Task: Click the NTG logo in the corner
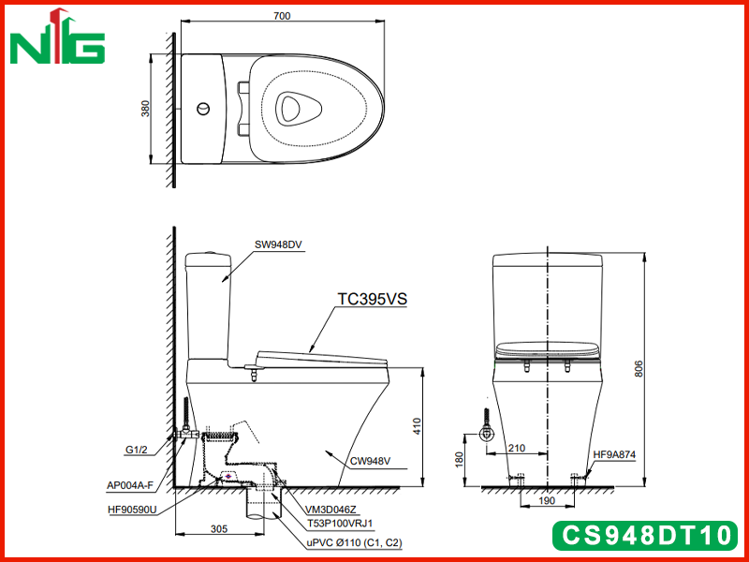[x=57, y=37]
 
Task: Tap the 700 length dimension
[x=282, y=16]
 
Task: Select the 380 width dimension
[x=145, y=108]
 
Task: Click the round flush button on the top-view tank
[x=203, y=109]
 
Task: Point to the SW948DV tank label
[x=278, y=244]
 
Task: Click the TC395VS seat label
[x=372, y=299]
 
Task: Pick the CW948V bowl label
[x=370, y=461]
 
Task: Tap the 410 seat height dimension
[x=417, y=426]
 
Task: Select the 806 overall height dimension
[x=639, y=368]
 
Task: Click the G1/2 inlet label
[x=136, y=450]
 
